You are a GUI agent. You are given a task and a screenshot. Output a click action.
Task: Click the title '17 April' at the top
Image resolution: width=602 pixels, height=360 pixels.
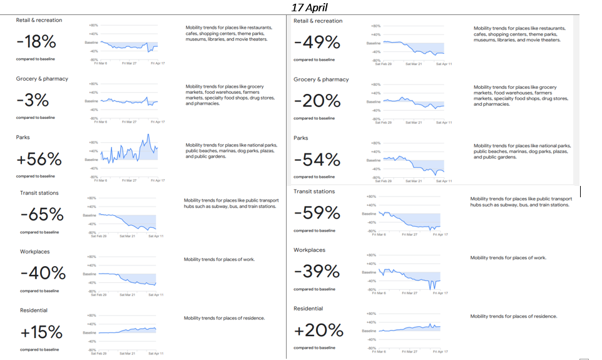[x=309, y=8]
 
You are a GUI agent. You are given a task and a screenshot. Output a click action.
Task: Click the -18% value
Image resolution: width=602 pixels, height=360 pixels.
[x=36, y=42]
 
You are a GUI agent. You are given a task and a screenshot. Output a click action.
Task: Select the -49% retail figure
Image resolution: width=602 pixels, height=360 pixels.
[x=317, y=43]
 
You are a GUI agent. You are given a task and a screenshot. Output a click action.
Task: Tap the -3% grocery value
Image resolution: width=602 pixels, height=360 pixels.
[x=33, y=100]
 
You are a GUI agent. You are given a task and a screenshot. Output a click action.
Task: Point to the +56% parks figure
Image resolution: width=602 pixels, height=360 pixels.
[x=39, y=159]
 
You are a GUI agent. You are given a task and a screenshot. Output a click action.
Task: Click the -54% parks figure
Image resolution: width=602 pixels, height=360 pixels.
[x=317, y=160]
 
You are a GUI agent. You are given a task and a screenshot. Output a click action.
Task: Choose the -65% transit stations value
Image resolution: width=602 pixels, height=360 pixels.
[x=42, y=215]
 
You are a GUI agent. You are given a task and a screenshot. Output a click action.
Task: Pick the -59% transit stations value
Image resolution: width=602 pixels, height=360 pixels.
[x=317, y=213]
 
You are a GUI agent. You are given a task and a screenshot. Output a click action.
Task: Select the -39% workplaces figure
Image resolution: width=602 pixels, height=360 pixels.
[x=317, y=272]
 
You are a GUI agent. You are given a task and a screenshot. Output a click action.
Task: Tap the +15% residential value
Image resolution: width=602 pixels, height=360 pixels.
[x=41, y=332]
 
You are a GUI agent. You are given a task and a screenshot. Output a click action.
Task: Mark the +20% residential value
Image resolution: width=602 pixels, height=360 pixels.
[x=319, y=330]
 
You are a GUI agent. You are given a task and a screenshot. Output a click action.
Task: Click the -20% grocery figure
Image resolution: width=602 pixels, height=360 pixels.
[x=317, y=101]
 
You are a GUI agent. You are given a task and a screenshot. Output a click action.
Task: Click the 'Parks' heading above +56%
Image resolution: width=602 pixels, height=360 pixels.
[x=23, y=137]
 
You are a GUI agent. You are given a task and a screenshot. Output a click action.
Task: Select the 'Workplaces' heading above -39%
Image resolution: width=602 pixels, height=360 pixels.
[x=309, y=250]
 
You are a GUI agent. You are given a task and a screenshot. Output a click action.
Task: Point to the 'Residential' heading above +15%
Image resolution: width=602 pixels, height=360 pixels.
[x=34, y=310]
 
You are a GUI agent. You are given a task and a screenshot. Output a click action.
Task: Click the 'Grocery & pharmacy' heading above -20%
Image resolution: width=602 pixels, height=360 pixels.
[x=321, y=80]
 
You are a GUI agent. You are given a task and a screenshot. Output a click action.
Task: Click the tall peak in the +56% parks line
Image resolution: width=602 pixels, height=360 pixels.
[x=149, y=135]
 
